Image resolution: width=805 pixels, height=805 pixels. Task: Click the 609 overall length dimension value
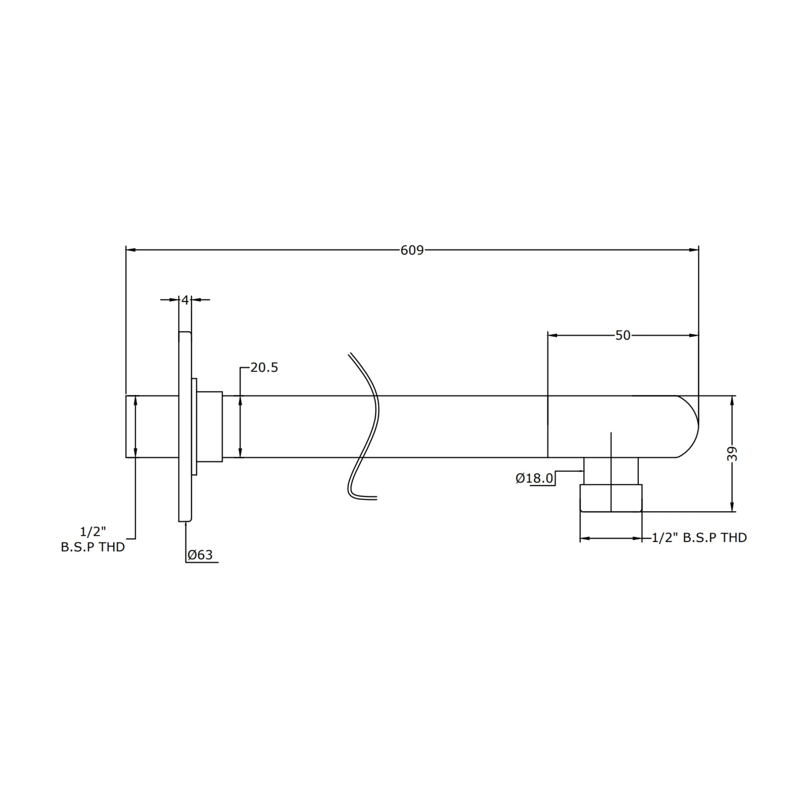click(x=412, y=250)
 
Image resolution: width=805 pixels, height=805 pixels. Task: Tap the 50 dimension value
click(x=623, y=335)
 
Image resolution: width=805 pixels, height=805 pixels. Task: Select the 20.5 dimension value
click(x=264, y=367)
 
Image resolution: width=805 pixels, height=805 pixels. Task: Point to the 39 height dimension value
click(x=732, y=454)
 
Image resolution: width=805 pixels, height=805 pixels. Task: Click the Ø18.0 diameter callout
click(x=534, y=478)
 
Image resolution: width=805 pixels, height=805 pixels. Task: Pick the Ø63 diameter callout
click(x=200, y=555)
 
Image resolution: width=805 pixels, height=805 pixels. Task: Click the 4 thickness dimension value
click(x=185, y=300)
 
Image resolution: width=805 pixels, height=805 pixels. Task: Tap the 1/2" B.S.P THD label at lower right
click(x=699, y=538)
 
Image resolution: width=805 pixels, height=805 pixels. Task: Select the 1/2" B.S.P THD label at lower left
click(x=93, y=539)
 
